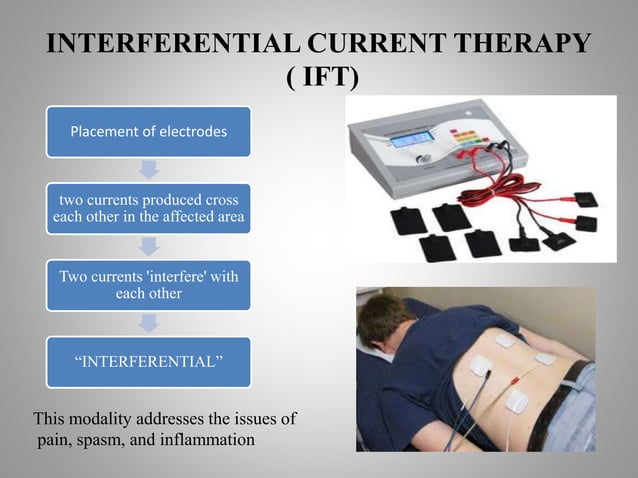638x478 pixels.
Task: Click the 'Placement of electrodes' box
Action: tap(147, 132)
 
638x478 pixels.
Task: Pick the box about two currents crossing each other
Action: tap(147, 206)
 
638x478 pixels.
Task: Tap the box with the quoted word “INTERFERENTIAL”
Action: tap(147, 360)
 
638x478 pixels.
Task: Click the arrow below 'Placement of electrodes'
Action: tap(147, 169)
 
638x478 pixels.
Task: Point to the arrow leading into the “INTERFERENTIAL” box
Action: tap(147, 323)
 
